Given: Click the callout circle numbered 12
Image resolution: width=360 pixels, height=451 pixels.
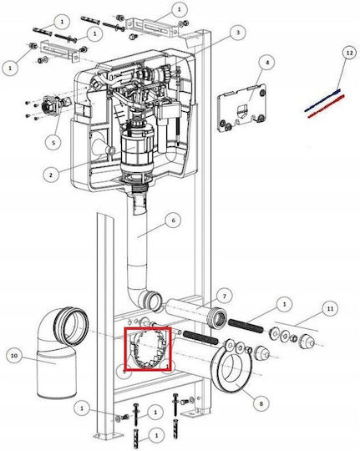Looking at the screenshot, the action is pos(349,53).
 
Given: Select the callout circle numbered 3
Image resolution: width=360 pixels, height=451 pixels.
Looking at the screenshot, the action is pos(238,33).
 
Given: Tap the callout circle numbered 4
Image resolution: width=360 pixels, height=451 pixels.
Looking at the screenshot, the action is pos(266,63).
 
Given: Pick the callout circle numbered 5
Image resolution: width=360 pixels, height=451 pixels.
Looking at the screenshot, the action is pos(53,142).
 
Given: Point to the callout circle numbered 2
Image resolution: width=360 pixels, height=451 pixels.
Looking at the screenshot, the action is pos(51,175).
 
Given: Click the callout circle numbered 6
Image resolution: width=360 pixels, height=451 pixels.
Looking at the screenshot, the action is pos(173,220).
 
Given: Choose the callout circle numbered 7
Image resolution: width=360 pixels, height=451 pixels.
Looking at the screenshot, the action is pos(224,296).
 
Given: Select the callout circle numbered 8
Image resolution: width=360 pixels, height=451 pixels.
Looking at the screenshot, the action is pos(261,404).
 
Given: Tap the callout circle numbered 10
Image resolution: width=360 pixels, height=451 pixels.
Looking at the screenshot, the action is pos(14,356).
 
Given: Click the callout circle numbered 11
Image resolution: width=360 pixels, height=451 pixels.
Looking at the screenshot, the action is pos(330,309).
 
